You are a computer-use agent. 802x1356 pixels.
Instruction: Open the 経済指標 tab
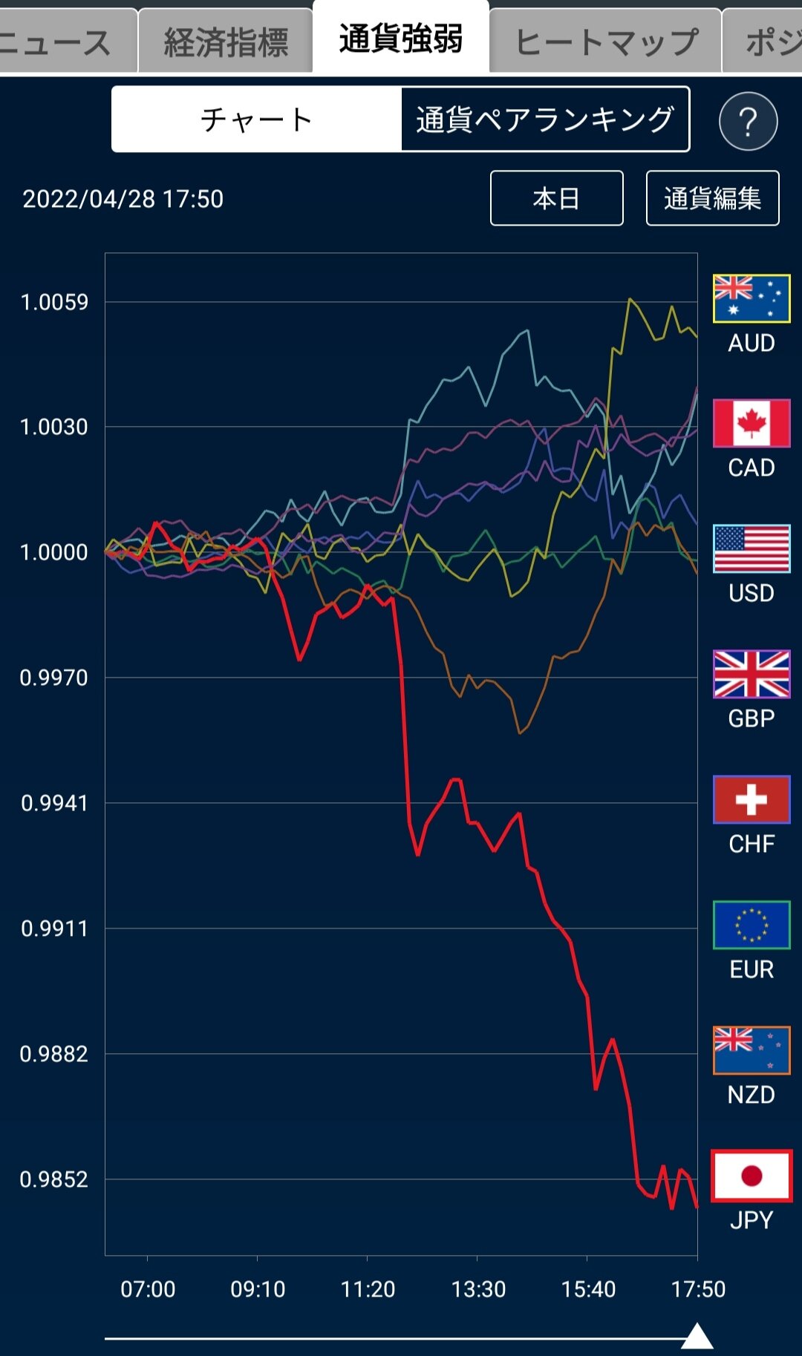[226, 41]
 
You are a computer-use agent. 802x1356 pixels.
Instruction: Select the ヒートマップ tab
[606, 41]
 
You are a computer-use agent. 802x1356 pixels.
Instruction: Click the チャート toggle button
[257, 119]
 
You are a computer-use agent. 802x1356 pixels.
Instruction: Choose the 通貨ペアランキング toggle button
[545, 119]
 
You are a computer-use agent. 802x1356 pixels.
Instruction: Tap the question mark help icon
[748, 121]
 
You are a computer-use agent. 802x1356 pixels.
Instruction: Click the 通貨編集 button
[712, 198]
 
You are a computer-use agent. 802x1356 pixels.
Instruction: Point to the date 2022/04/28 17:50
[123, 199]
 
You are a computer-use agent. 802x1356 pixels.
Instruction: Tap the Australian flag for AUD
[752, 298]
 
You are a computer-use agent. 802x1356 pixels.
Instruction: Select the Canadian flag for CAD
[752, 423]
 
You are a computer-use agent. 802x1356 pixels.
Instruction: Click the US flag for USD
[752, 548]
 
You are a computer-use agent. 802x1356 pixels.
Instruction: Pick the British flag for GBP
[752, 674]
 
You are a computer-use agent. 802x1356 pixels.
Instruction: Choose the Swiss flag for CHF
[752, 799]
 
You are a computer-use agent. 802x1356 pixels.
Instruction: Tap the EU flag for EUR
[752, 925]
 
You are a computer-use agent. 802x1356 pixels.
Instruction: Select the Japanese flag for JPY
[752, 1176]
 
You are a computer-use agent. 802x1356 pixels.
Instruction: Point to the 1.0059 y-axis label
[54, 302]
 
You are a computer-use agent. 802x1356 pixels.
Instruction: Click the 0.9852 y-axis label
[54, 1179]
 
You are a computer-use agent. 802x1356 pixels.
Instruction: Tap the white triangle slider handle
[697, 1337]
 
